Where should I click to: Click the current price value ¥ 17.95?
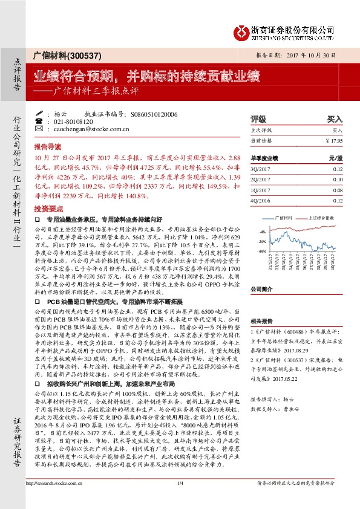tap(334, 140)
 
